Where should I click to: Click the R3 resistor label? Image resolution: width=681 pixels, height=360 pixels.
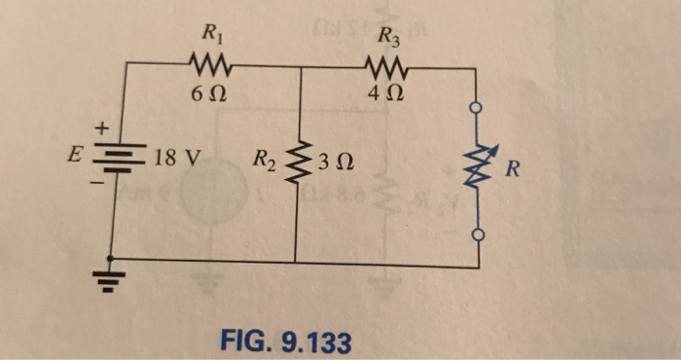pyautogui.click(x=388, y=40)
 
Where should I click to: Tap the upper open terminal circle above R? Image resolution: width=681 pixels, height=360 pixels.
pyautogui.click(x=476, y=110)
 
